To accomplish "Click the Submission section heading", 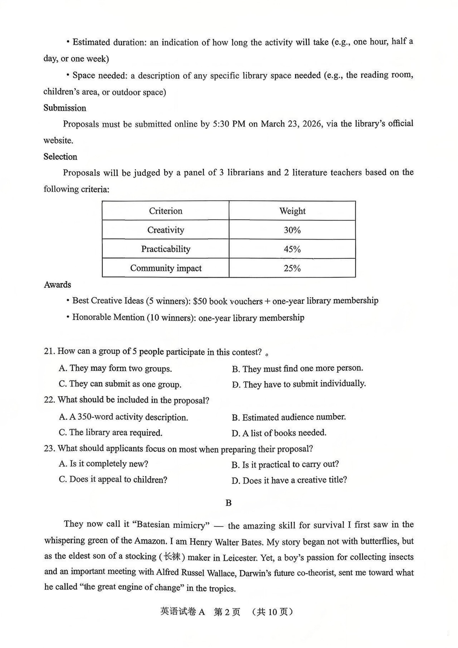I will tap(65, 108).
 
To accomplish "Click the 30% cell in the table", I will tap(292, 230).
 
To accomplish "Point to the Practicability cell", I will tap(166, 249).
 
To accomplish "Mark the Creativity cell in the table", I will tap(166, 230).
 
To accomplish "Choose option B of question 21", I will tap(298, 368).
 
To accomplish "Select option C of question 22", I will tap(110, 433).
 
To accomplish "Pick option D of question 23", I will tap(289, 480).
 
